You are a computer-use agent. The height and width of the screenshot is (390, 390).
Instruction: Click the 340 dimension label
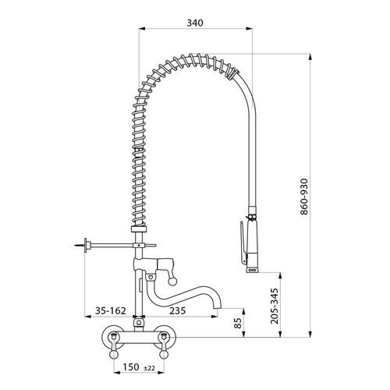(x=195, y=23)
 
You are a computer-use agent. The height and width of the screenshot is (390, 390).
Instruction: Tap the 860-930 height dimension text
(x=303, y=197)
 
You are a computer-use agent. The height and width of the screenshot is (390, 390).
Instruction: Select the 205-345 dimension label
(x=275, y=306)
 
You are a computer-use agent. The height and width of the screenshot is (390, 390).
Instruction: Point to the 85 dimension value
(x=238, y=323)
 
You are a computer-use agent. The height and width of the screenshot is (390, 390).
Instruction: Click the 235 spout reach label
(x=178, y=310)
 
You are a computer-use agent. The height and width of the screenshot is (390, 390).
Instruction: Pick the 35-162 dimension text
(x=110, y=310)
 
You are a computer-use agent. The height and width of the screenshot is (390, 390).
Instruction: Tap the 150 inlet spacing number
(x=131, y=367)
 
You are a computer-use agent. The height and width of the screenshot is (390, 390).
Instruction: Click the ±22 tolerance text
(x=149, y=368)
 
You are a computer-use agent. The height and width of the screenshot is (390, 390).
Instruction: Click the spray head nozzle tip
(x=252, y=270)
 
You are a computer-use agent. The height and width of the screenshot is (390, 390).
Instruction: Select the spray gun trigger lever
(x=242, y=243)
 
